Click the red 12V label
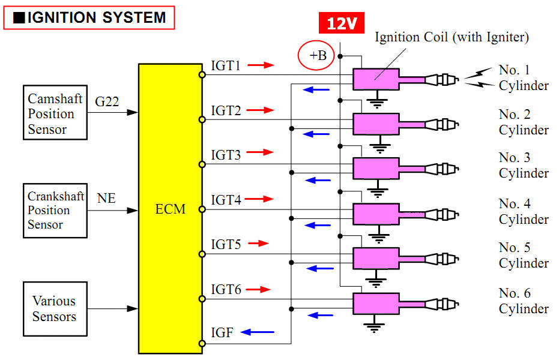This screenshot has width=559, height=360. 341,23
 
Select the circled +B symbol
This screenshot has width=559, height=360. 315,56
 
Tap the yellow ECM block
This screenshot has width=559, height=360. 170,209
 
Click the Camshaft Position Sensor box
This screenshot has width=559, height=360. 55,113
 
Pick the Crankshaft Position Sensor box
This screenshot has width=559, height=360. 54,211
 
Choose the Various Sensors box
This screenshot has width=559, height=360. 55,308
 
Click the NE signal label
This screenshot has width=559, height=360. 106,198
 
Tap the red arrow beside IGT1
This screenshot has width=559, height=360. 260,65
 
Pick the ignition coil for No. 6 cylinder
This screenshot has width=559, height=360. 376,304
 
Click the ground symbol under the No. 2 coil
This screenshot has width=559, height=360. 378,145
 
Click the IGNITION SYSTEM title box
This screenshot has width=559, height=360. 89,17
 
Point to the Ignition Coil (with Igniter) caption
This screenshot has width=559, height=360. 452,37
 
